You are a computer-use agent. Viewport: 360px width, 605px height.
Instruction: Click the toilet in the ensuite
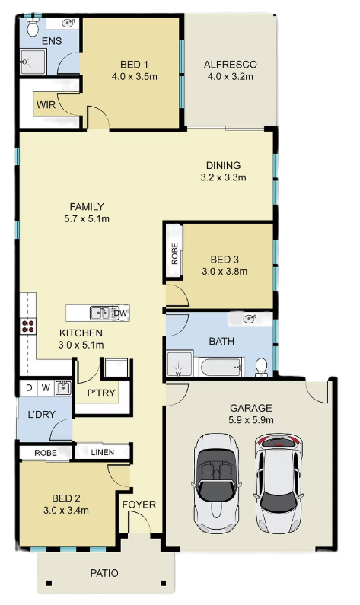coord(33,27)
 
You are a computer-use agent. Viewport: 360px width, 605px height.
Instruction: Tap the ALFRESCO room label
coord(231,65)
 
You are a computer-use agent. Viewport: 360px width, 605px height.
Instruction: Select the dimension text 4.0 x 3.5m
coord(134,76)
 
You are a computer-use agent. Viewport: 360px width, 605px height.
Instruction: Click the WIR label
coord(46,104)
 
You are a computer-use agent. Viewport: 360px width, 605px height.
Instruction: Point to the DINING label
coord(224,166)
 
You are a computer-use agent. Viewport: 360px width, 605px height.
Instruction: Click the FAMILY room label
coord(87,207)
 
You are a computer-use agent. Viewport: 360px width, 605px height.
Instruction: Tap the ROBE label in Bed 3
coord(174,253)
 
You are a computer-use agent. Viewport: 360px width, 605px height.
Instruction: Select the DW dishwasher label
coord(120,314)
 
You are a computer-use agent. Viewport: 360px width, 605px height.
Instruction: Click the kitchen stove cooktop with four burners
coord(28,326)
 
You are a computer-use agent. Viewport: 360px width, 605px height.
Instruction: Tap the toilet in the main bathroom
coord(261,368)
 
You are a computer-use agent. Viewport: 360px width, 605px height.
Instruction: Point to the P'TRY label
coord(101,393)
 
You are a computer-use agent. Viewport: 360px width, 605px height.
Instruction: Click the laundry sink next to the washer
coord(62,388)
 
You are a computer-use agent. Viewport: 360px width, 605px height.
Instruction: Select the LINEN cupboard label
coord(103,452)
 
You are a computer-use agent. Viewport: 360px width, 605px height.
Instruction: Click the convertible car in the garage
coord(216,483)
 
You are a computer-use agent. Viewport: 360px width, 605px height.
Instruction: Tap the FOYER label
coord(139,505)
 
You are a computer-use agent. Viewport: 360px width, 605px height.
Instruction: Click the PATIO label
coord(104,573)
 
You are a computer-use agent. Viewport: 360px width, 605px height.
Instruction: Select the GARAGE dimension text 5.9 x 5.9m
coord(251,420)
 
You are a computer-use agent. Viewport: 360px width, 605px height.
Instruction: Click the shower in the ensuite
coord(33,62)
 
